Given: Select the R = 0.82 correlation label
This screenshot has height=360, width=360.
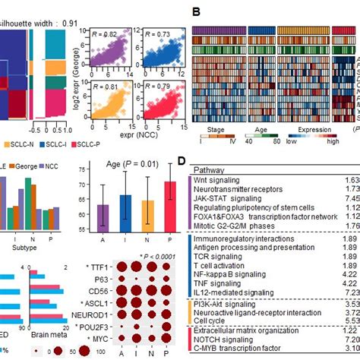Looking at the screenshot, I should [103, 36].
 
